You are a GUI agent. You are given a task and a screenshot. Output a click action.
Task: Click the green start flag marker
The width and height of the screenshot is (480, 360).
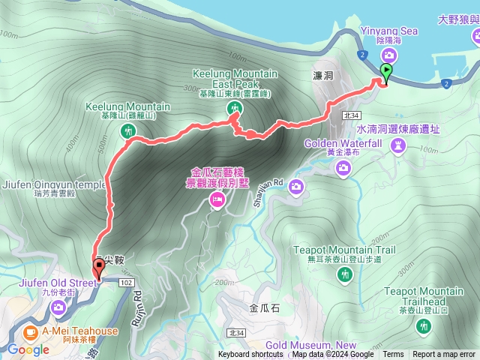click(386, 72)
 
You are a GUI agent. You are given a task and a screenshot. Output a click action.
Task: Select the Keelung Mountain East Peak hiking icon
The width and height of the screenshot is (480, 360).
click(235, 109)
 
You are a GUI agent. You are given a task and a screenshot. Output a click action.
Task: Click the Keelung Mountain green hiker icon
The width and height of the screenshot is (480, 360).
click(128, 131)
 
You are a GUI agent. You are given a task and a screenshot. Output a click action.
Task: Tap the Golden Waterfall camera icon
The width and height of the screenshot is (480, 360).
click(343, 168)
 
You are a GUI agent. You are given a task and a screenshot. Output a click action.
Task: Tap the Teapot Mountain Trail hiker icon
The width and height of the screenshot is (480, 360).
click(344, 275)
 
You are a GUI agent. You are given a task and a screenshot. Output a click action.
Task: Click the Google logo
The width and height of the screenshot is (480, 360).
click(29, 349)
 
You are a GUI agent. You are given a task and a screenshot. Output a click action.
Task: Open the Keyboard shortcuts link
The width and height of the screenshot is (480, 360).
click(250, 355)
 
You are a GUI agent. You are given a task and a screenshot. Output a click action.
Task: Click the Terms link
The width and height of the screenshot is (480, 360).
click(393, 355)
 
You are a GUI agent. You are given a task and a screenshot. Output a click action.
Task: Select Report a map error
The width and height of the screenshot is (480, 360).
click(444, 355)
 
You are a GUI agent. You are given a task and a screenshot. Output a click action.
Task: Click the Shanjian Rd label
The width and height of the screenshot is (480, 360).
click(273, 182)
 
